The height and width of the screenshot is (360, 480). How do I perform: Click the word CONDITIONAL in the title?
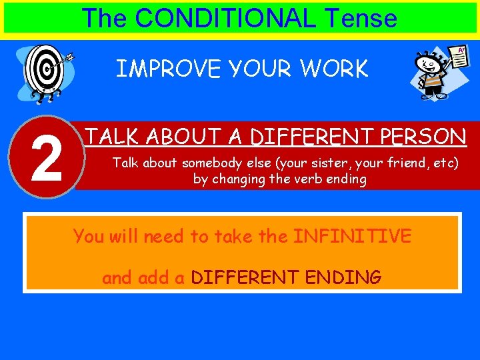click(226, 18)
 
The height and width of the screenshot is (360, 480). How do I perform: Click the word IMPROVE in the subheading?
click(158, 69)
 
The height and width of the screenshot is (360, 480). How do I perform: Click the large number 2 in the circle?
click(46, 158)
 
